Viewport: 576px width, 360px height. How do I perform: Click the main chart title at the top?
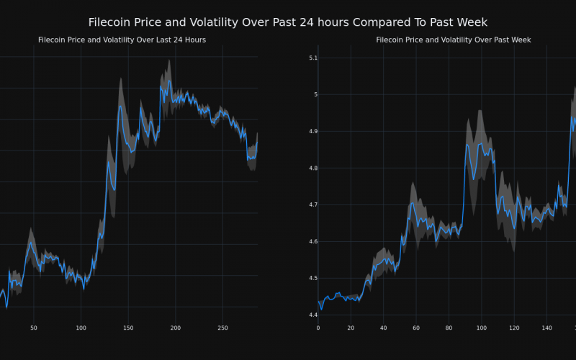coord(288,22)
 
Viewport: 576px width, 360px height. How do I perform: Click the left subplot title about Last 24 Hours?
coord(122,40)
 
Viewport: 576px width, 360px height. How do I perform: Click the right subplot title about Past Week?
coord(454,40)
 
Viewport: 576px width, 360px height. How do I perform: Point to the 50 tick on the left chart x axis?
coord(34,328)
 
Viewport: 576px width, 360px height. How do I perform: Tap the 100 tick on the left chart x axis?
coord(81,328)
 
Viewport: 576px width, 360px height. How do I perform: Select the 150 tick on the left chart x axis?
coord(128,328)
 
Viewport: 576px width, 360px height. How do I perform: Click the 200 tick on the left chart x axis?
coord(176,328)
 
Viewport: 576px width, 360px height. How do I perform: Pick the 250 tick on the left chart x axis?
coord(222,328)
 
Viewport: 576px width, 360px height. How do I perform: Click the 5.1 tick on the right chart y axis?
coord(312,58)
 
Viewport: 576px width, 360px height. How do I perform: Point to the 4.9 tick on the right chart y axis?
coord(312,131)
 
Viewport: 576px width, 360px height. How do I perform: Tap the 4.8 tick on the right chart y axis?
coord(312,168)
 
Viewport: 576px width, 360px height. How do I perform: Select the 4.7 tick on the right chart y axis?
coord(312,204)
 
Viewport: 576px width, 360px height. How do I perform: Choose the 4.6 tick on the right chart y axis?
coord(312,241)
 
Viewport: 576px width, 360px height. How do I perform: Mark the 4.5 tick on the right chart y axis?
coord(312,278)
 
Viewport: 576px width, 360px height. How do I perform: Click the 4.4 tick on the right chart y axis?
coord(312,315)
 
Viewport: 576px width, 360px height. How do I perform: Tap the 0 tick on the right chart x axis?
coord(318,328)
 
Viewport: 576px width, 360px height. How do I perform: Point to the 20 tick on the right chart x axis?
coord(351,328)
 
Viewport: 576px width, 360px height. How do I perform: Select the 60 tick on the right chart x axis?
coord(416,328)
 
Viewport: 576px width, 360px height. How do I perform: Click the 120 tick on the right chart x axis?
coord(513,328)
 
